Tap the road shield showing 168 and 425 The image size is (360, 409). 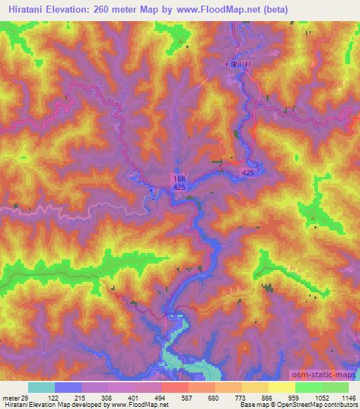pos(179,184)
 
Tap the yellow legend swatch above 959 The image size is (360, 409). pos(281,387)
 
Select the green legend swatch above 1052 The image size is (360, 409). pos(308,387)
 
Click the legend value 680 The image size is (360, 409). pos(213,398)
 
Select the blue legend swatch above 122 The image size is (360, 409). pos(67,387)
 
